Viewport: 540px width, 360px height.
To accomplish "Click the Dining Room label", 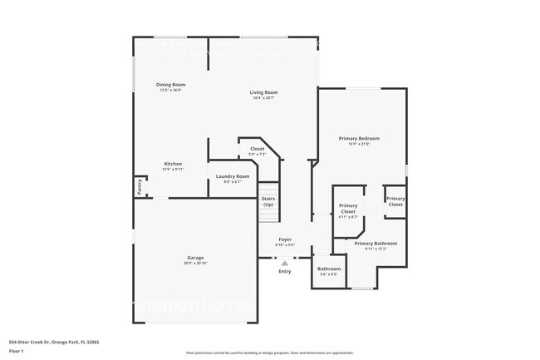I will [170, 85].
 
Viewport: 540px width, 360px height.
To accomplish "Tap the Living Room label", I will [264, 92].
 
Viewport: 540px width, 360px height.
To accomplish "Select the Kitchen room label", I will [172, 164].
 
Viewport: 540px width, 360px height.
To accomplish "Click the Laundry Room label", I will [233, 176].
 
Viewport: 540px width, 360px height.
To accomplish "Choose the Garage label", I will [195, 258].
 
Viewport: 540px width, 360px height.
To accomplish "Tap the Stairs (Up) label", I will [268, 201].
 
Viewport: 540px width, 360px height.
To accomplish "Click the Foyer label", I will [285, 239].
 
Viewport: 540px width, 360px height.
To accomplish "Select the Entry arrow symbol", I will [285, 263].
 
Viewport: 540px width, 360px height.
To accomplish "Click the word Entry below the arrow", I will [285, 272].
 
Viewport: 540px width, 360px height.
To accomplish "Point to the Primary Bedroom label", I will [359, 138].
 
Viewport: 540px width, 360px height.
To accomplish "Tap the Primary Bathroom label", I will [376, 244].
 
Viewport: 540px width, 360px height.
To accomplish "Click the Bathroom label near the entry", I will [329, 269].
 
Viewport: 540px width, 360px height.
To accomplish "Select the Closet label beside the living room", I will [258, 149].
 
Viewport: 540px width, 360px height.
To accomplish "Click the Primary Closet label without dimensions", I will [395, 201].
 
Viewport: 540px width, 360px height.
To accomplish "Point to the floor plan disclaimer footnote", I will [269, 353].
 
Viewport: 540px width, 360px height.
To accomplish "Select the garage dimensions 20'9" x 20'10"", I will [195, 264].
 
